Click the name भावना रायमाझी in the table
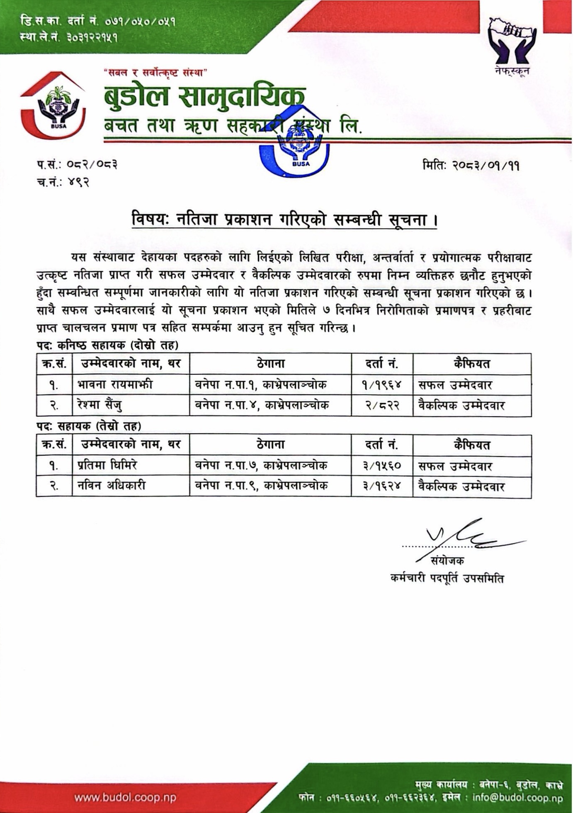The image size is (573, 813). (115, 384)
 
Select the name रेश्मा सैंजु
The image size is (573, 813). (100, 405)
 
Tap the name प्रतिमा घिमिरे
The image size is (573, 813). (107, 466)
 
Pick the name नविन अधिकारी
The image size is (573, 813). (112, 486)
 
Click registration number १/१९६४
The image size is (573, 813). (382, 385)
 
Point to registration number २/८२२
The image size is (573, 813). (382, 405)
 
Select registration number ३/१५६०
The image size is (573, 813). (382, 466)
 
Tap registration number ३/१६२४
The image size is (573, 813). (382, 486)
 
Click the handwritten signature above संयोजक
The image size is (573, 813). (473, 535)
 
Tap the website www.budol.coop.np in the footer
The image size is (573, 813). (125, 797)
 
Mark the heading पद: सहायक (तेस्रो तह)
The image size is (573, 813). (88, 426)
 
